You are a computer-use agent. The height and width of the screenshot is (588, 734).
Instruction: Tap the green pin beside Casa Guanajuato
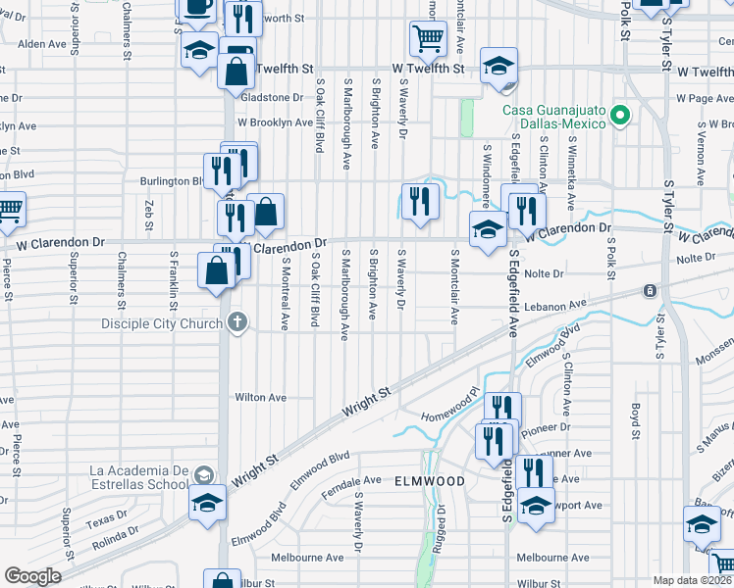tap(619, 117)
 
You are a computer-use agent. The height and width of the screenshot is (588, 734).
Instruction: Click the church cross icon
tap(236, 322)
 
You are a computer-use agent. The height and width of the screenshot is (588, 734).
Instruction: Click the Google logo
tap(32, 576)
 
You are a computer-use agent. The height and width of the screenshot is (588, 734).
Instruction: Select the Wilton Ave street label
tap(259, 398)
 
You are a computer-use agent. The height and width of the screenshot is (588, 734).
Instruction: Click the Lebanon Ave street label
tap(554, 305)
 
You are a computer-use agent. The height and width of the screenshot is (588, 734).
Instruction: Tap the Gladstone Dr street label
tap(272, 97)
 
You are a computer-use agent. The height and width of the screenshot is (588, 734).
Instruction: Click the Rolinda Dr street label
tap(115, 534)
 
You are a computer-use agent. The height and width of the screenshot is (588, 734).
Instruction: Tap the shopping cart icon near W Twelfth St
tap(427, 39)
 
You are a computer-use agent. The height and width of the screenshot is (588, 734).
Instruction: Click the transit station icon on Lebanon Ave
tap(650, 291)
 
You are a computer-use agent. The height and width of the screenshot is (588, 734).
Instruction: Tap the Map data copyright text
tap(692, 580)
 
